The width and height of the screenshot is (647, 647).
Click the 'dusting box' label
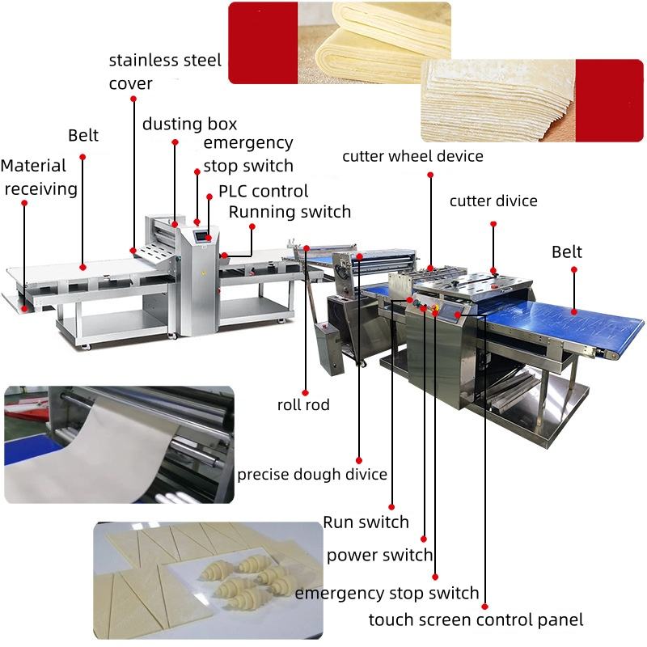190,124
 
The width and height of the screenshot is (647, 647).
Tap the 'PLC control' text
264,192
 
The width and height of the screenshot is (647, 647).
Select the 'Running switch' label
290,212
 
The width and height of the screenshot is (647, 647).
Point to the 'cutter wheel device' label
412,156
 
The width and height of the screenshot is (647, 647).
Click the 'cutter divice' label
493,201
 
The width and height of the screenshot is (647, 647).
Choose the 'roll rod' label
303,404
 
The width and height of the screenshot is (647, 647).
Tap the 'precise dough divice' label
311,474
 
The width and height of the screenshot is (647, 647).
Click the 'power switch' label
379,556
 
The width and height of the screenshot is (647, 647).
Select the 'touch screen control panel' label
476,620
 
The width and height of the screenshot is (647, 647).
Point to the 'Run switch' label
366,522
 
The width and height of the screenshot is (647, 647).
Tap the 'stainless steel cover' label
165,71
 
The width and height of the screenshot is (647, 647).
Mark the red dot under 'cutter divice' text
493,229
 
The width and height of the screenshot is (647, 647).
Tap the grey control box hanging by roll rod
329,349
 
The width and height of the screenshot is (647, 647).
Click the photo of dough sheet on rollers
119,444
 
